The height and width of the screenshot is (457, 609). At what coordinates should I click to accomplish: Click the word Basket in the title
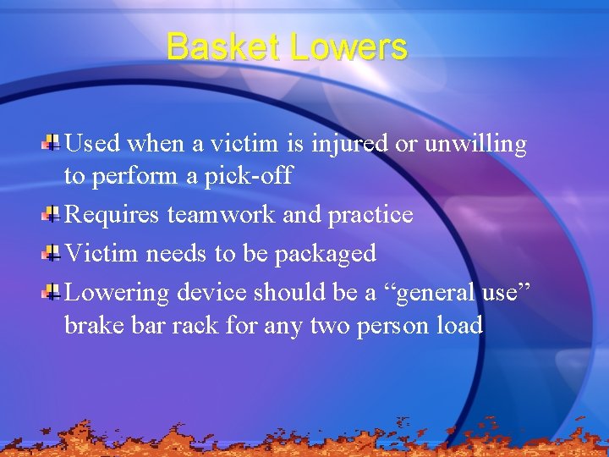[223, 47]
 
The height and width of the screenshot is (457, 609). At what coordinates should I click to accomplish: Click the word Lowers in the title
[348, 47]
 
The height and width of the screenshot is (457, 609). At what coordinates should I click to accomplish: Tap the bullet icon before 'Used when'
[51, 141]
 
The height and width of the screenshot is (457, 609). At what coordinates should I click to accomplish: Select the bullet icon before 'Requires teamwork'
[51, 212]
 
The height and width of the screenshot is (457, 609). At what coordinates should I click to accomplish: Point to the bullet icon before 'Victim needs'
[51, 251]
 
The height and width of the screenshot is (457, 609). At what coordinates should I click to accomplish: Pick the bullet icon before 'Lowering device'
[51, 291]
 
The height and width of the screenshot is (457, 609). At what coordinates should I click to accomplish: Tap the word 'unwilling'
[475, 145]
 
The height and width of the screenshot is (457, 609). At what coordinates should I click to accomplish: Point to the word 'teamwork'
[222, 215]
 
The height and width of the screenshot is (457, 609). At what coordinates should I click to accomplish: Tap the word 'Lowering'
[117, 294]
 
